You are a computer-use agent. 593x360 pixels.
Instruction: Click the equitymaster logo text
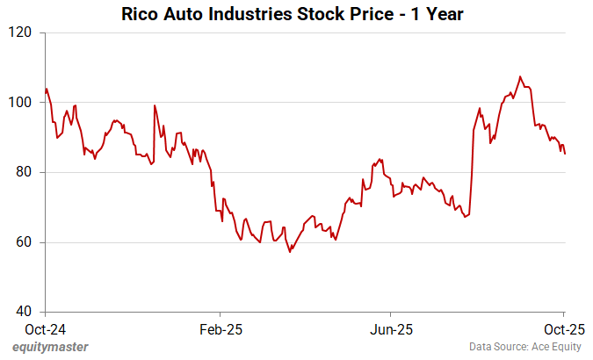click(51, 348)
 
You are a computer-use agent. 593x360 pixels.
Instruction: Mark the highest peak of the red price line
click(520, 76)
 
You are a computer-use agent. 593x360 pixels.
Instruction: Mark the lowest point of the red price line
click(290, 252)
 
